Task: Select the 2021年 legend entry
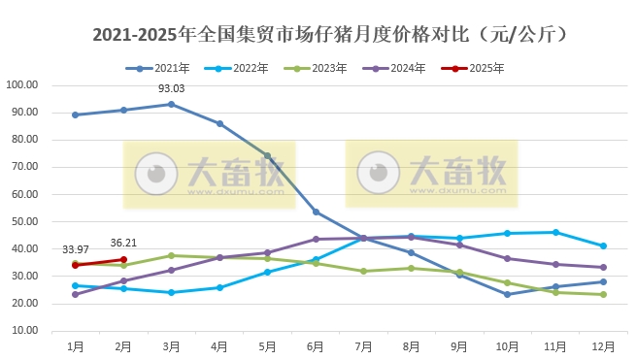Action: point(163,68)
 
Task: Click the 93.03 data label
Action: point(172,89)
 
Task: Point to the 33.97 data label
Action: point(76,249)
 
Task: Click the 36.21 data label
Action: point(123,244)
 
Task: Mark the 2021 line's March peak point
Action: point(172,104)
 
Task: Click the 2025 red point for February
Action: point(123,259)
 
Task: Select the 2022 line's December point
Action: point(603,245)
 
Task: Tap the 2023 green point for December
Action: point(603,294)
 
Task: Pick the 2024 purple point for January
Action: point(75,294)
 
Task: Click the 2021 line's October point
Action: point(507,294)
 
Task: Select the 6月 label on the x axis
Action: point(316,345)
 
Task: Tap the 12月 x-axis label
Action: point(603,345)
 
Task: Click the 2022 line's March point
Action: point(172,292)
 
